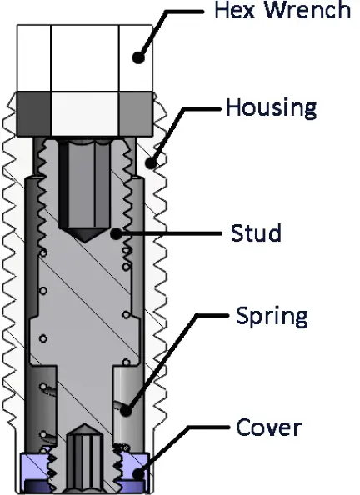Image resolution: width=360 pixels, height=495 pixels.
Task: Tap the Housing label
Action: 272,108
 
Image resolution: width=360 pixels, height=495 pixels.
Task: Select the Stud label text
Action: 256,232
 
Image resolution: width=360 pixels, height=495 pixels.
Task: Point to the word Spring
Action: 272,317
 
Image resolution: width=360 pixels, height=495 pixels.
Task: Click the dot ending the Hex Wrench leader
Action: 139,58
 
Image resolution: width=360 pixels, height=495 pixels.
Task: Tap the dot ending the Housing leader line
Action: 152,162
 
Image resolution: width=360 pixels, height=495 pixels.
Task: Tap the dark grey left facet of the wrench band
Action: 33,107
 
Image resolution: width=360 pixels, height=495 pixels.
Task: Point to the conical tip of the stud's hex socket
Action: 84,236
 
